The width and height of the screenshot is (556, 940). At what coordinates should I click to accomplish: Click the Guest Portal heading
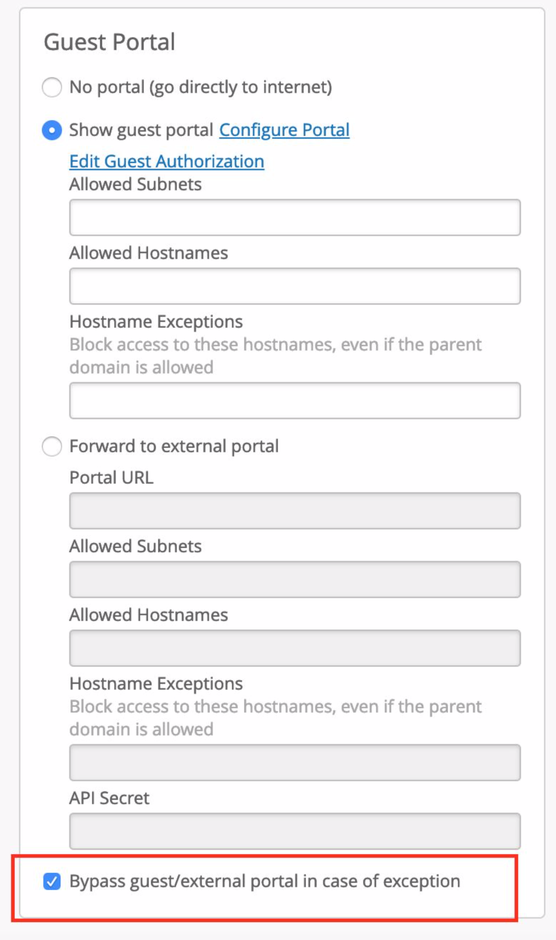pyautogui.click(x=109, y=42)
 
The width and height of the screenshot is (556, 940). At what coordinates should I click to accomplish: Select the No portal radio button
pyautogui.click(x=52, y=87)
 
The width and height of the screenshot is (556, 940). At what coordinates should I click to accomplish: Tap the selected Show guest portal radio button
pyautogui.click(x=52, y=130)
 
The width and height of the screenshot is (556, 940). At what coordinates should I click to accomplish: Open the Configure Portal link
pyautogui.click(x=284, y=130)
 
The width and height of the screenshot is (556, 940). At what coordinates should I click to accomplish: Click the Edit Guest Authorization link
pyautogui.click(x=167, y=162)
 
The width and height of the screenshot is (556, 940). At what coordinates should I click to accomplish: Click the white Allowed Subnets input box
pyautogui.click(x=295, y=218)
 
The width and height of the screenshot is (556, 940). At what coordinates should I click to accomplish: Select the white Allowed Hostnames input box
pyautogui.click(x=295, y=286)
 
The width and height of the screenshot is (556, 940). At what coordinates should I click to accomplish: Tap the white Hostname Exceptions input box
pyautogui.click(x=295, y=401)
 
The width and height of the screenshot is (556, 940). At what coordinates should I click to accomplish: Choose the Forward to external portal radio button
pyautogui.click(x=52, y=446)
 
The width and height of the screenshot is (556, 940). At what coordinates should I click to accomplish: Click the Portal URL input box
pyautogui.click(x=295, y=511)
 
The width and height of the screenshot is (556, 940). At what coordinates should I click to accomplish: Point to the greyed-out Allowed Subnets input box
pyautogui.click(x=295, y=579)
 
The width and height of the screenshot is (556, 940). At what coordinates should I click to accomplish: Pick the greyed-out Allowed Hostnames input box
pyautogui.click(x=295, y=648)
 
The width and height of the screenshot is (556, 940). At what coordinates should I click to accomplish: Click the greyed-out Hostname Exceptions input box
pyautogui.click(x=295, y=762)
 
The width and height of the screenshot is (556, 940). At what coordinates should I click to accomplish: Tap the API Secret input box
pyautogui.click(x=295, y=831)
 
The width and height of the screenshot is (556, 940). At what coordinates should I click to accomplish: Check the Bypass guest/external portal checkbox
pyautogui.click(x=52, y=881)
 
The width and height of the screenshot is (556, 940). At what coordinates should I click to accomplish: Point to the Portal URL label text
pyautogui.click(x=111, y=477)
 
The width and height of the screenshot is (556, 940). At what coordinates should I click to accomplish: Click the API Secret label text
pyautogui.click(x=109, y=798)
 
